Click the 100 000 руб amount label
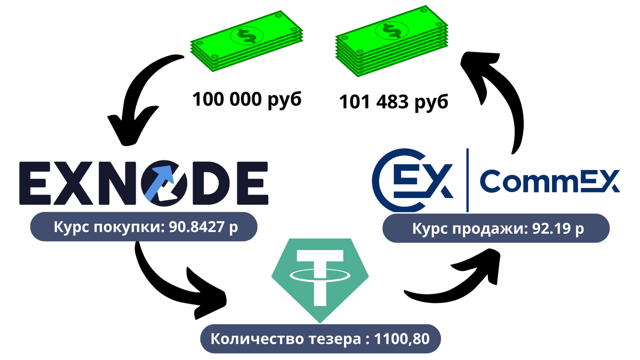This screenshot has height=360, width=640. pyautogui.click(x=247, y=100)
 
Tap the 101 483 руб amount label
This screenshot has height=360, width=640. pyautogui.click(x=394, y=101)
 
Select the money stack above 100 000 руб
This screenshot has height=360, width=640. pyautogui.click(x=246, y=47)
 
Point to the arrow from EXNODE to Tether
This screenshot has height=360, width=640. pyautogui.click(x=171, y=283)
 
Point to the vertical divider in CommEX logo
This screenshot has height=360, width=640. pyautogui.click(x=467, y=180)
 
